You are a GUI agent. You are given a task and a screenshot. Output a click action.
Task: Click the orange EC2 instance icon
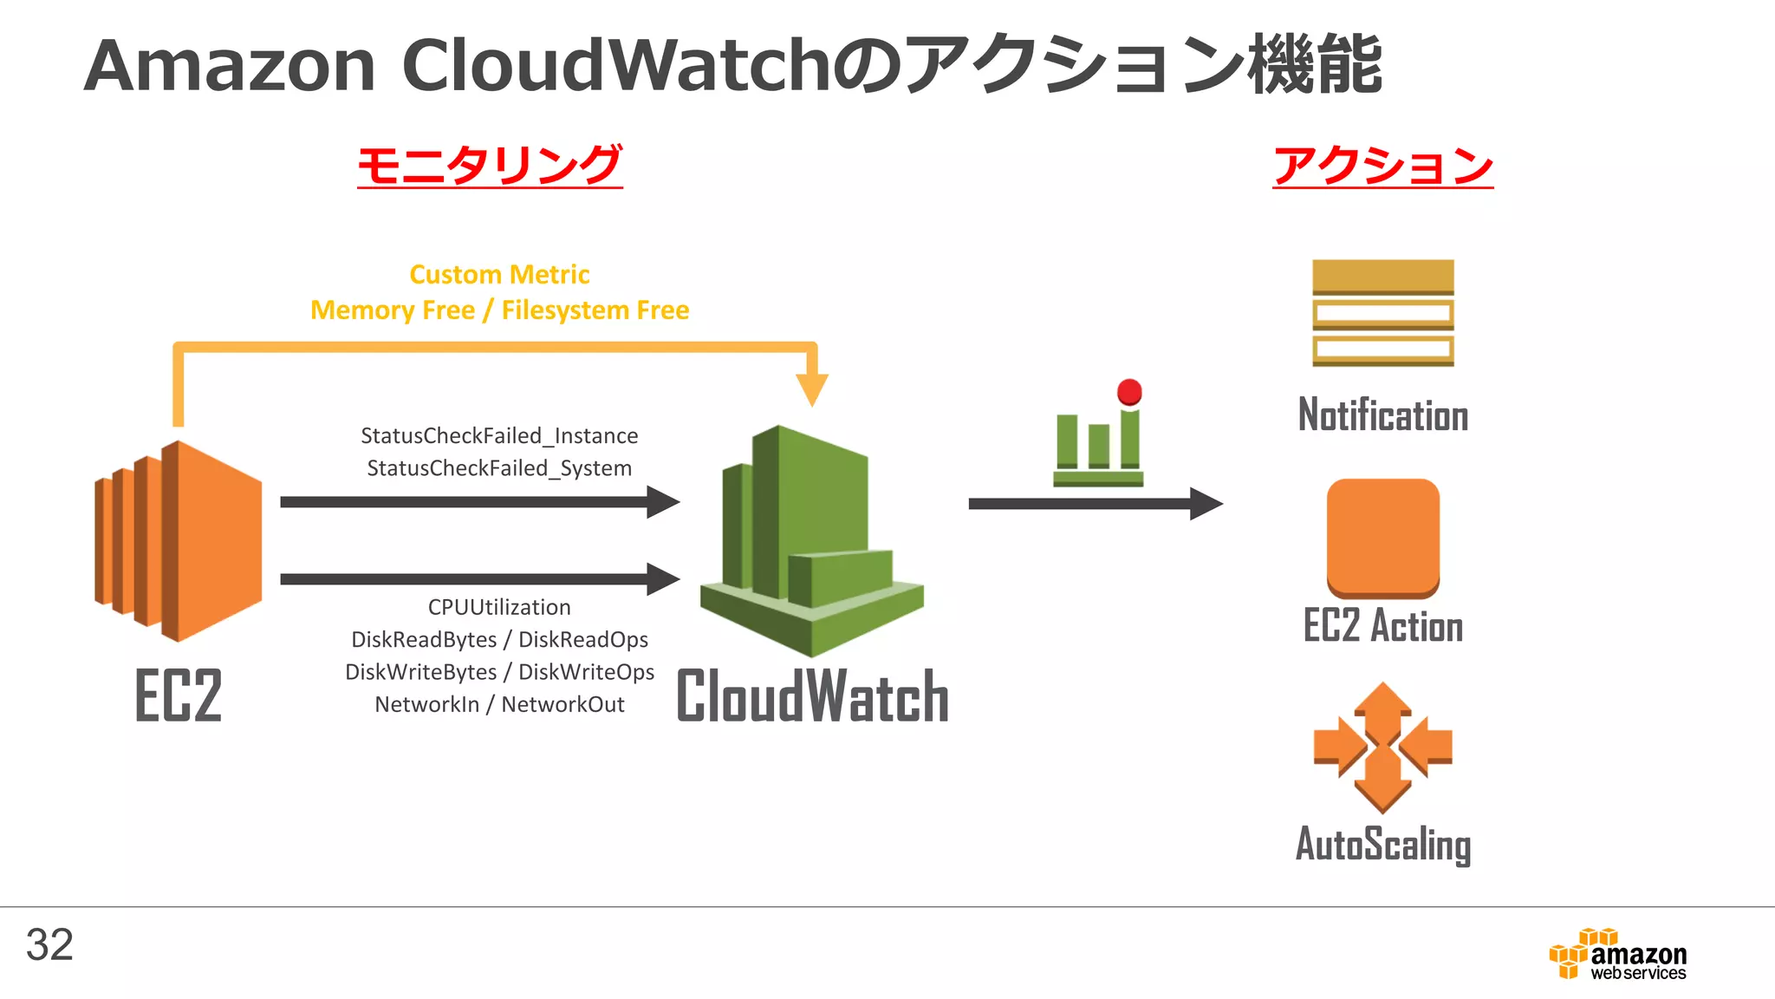(x=179, y=541)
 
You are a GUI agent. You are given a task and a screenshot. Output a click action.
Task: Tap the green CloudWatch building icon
(x=809, y=541)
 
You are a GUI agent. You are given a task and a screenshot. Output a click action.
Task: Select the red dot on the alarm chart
(x=1129, y=392)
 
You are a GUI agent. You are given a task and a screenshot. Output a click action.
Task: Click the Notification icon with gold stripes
(x=1382, y=313)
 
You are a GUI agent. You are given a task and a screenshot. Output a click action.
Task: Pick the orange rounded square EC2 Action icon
(x=1382, y=538)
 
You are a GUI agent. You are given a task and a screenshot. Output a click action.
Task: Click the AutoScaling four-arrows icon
(x=1382, y=747)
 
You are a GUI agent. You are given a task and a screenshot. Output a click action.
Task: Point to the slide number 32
(x=49, y=944)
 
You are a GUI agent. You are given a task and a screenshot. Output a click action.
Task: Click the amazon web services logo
(x=1619, y=955)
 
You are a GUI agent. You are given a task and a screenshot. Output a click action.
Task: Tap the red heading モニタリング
(x=490, y=165)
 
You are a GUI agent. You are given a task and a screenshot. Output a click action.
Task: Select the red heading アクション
(x=1382, y=165)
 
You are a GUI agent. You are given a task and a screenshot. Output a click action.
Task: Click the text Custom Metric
(x=499, y=275)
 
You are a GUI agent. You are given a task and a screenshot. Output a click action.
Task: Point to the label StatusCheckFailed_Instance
(x=499, y=435)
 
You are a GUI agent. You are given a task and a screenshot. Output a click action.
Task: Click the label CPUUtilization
(x=499, y=607)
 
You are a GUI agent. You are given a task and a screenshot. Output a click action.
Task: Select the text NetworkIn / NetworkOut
(x=499, y=704)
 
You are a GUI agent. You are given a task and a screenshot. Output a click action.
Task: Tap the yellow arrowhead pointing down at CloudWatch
(x=812, y=388)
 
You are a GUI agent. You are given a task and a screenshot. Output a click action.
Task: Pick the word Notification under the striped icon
(x=1382, y=415)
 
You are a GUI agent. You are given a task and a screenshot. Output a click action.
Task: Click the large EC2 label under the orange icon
(x=179, y=695)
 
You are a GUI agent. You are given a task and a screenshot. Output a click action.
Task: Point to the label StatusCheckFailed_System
(x=499, y=468)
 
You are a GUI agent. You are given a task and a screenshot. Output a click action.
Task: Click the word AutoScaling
(x=1382, y=844)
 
